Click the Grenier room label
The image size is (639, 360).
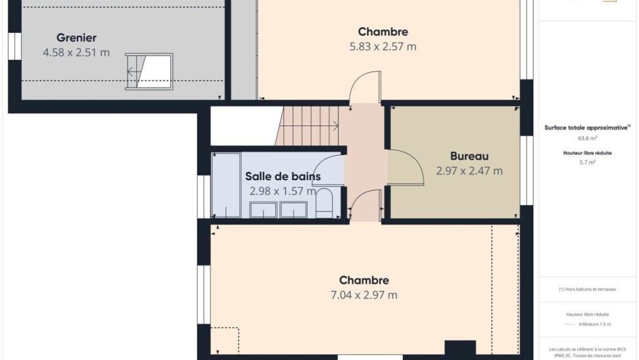point(76,38)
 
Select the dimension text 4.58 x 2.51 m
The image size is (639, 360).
point(76,53)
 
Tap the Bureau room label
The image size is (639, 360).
point(469,156)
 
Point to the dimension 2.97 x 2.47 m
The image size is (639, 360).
point(469,171)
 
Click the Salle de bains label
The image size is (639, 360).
point(283,176)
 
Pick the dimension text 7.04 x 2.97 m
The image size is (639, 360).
point(364,295)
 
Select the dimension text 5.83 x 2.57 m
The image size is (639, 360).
point(383,47)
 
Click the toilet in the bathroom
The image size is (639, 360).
point(324,203)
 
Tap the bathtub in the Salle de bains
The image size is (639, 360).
point(226,185)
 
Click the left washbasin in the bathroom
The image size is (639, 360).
point(263,210)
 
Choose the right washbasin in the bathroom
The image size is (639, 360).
point(293,210)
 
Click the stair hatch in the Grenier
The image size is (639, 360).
point(149,72)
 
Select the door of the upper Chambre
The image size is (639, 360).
point(365,87)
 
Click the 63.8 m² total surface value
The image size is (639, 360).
point(587,138)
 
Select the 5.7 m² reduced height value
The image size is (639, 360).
point(587,162)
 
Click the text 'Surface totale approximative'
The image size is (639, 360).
point(586,127)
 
